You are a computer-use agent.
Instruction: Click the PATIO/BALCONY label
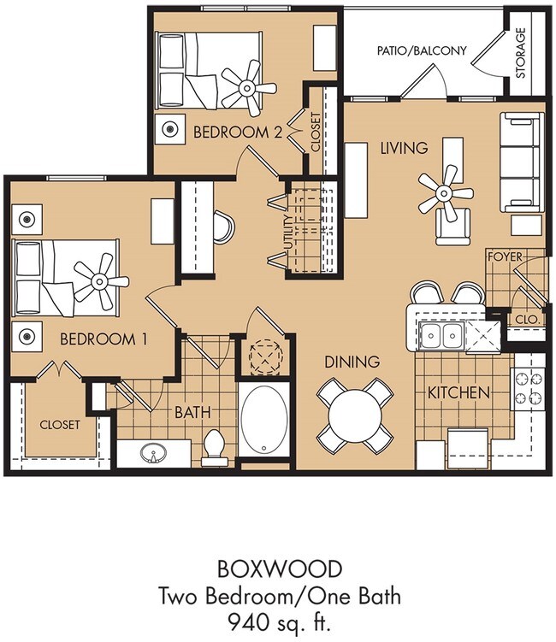tap(422, 50)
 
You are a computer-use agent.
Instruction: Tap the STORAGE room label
tap(520, 53)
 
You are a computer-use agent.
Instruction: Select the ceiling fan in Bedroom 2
tap(247, 88)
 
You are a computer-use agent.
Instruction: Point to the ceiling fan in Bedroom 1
tap(99, 281)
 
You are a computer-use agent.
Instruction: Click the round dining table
tap(355, 415)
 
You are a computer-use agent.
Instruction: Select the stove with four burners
tap(528, 389)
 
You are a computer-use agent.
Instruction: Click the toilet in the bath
tap(214, 447)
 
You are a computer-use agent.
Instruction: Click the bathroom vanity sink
tap(154, 453)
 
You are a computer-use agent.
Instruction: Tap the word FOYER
tap(505, 257)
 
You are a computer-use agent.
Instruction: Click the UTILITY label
tap(289, 233)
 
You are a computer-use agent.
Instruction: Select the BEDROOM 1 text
tap(104, 339)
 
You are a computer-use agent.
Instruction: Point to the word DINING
tap(352, 362)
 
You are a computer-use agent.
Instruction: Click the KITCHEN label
tap(458, 393)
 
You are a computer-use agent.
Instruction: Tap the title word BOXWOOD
tap(280, 569)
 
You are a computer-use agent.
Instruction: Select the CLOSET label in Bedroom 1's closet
tap(60, 425)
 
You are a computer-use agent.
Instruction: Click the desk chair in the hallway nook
tap(224, 227)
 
